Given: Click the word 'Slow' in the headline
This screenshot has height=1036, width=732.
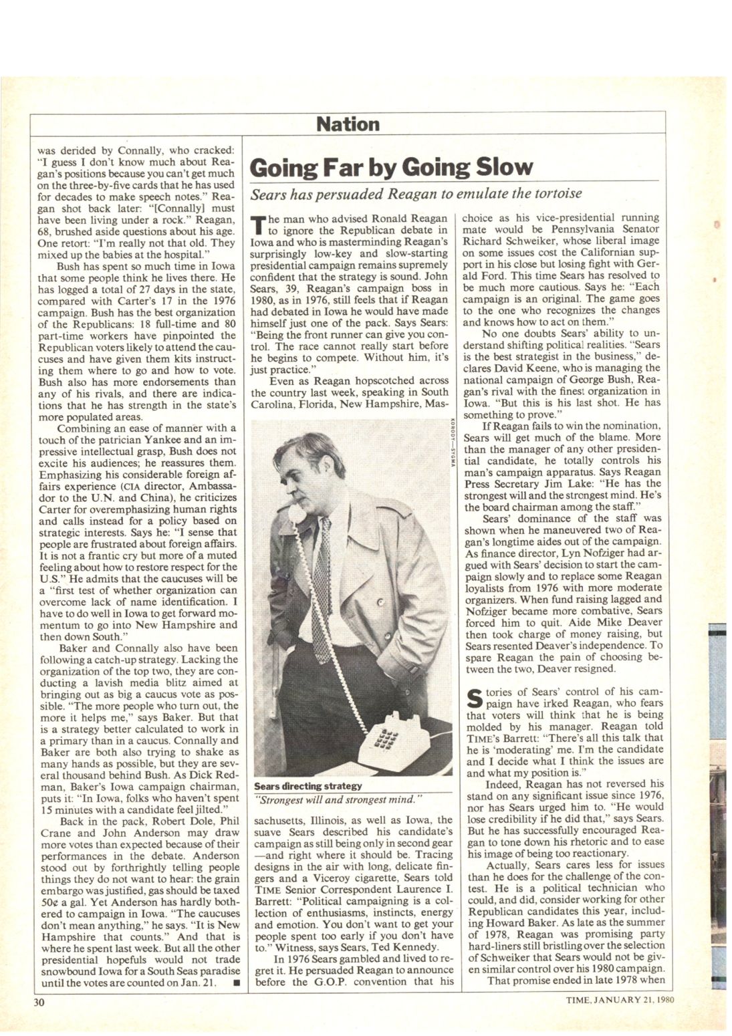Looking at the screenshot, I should [499, 167].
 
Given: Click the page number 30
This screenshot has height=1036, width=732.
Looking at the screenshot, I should [39, 1001].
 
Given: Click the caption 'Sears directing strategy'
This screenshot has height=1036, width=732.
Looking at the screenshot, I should [308, 785].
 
